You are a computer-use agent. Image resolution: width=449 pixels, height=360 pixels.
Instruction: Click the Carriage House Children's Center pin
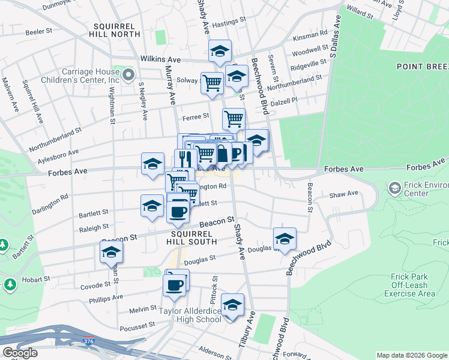128,75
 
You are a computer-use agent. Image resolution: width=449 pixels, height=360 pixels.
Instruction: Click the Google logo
20,353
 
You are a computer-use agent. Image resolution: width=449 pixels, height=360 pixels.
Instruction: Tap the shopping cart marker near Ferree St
234,118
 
